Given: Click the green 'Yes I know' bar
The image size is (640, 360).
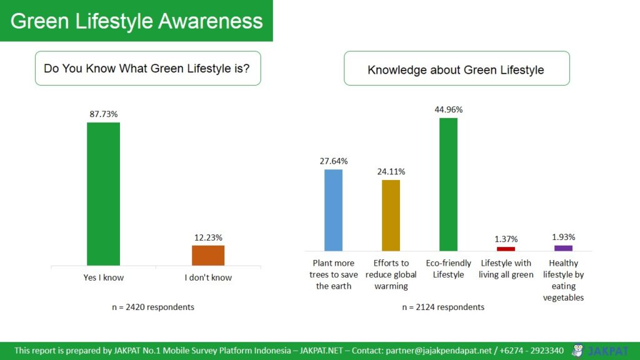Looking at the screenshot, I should click(103, 194).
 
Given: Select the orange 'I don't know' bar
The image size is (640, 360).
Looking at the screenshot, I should click(208, 256).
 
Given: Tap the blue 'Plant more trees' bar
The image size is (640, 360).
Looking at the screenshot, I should click(334, 210).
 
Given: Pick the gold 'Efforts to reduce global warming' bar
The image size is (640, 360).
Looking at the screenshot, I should click(391, 215).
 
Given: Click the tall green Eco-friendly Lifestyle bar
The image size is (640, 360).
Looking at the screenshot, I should click(448, 184).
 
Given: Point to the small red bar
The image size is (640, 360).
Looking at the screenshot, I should click(506, 249).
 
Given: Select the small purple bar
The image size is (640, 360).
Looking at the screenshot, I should click(563, 248).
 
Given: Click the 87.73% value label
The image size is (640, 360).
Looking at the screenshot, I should click(103, 114).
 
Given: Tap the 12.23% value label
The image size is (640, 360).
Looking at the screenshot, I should click(208, 237).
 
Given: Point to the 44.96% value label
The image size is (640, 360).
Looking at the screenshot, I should click(448, 109).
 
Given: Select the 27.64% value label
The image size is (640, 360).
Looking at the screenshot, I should click(334, 161).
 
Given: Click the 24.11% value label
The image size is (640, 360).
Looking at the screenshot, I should click(391, 171).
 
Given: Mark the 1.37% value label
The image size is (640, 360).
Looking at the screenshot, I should click(506, 239).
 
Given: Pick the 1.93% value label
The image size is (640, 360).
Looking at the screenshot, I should click(563, 237).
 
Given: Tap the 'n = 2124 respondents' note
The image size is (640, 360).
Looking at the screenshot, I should click(443, 307).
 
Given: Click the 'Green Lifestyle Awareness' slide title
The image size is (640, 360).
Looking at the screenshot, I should click(136, 21).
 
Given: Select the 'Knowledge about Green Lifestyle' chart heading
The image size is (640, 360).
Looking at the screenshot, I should click(456, 69).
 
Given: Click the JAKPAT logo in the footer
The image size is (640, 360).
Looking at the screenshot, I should click(600, 351).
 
